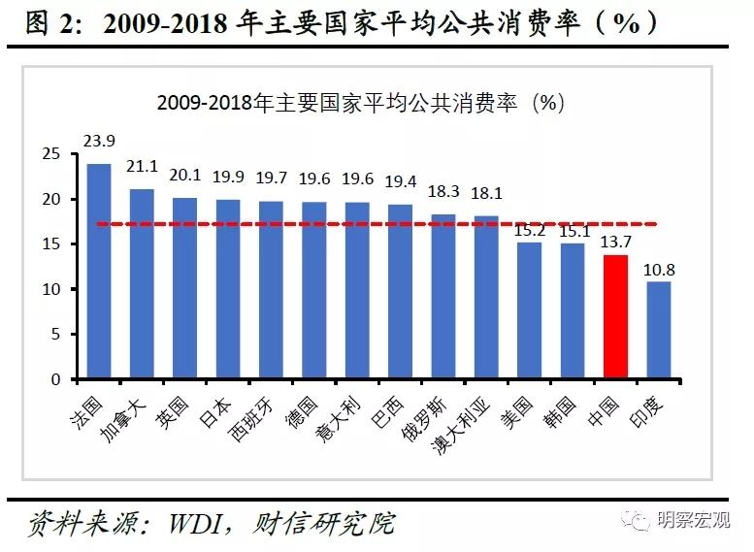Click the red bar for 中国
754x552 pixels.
click(x=615, y=316)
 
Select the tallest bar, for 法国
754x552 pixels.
click(x=99, y=272)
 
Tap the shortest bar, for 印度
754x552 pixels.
click(x=658, y=330)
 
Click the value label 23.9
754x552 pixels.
click(x=99, y=142)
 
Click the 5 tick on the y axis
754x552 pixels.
click(x=55, y=335)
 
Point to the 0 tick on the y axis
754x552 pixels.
click(x=55, y=379)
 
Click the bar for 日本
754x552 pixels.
click(x=228, y=289)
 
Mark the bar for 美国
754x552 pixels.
click(x=529, y=310)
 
